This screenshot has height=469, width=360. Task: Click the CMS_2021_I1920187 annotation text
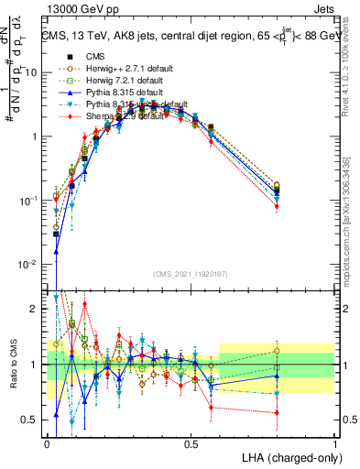coord(191,273)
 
